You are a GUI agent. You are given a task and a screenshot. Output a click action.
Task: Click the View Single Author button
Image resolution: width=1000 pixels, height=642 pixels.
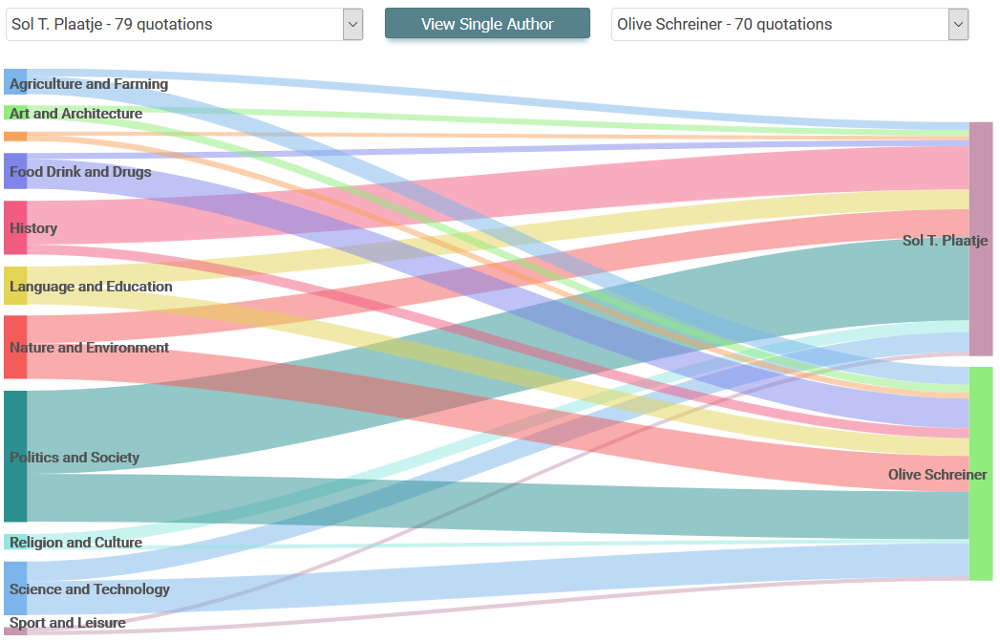point(487,24)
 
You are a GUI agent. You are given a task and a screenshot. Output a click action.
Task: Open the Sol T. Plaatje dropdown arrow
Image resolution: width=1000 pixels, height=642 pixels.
point(352,25)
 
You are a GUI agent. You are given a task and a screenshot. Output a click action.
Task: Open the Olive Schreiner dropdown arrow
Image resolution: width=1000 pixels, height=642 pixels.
point(958,25)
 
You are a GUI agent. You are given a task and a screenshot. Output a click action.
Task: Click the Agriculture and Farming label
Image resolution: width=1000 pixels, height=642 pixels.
point(89,84)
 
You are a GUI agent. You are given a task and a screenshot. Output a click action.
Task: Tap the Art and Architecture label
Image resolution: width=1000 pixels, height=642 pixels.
point(76,114)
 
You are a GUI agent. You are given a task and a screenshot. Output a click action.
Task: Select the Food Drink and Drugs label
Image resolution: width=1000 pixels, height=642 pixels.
point(80,172)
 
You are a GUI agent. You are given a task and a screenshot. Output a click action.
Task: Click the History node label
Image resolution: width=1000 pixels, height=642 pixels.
point(33,228)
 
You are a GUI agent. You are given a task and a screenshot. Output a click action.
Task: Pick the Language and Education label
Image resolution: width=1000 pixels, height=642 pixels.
point(91,287)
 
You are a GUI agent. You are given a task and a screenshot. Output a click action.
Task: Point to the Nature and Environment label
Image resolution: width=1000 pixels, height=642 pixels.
point(89,348)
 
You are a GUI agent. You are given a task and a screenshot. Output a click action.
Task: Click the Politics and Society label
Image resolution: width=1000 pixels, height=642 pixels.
point(74,458)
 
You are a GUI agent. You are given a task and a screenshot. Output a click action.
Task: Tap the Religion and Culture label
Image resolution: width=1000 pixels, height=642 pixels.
point(75,543)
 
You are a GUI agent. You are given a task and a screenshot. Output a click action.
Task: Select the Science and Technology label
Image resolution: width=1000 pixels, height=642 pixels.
point(90,589)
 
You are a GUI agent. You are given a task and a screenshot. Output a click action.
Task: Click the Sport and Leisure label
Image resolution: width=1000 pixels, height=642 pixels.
point(68,623)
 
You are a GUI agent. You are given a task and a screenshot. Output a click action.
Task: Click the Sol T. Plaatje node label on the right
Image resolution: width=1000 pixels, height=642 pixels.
point(945,241)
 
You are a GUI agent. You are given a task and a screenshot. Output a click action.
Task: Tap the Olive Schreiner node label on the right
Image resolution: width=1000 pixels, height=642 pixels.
point(937,475)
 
